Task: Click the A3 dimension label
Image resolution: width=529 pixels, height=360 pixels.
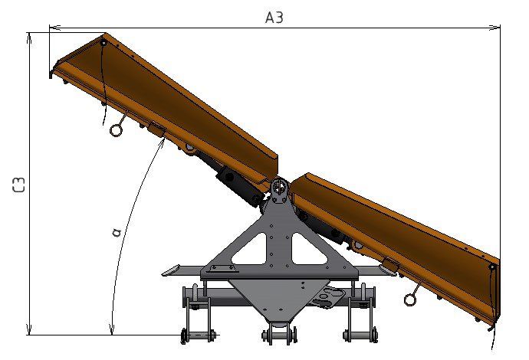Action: point(274,18)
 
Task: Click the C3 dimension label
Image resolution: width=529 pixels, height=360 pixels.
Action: point(19,185)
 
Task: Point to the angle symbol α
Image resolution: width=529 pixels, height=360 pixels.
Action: point(117,232)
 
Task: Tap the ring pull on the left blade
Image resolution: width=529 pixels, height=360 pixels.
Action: point(116,130)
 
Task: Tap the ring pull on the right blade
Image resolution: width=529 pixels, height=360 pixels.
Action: point(410,299)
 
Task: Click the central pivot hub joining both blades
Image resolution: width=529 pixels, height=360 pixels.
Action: point(280,188)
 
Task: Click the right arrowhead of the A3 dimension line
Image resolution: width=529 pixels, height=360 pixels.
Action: point(495,28)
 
